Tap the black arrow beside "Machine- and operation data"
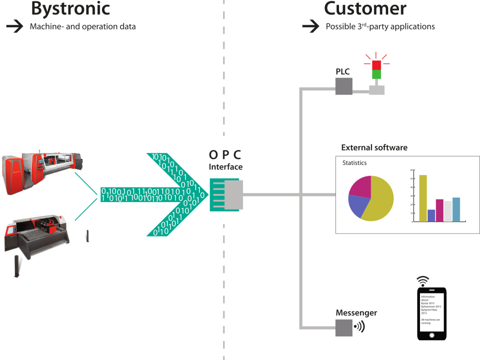coord(15,26)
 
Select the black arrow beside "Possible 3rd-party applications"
coord(310,26)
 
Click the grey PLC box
coord(343,86)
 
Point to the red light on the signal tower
coord(376,65)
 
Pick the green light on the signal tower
coord(376,74)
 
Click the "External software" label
coord(374,148)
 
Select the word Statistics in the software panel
coord(354,163)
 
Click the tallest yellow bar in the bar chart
coord(423,198)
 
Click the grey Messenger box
coord(343,328)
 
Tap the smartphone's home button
coord(432,335)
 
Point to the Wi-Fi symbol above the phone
coord(423,281)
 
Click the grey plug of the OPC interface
coord(234,195)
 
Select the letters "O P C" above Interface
coord(225,155)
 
